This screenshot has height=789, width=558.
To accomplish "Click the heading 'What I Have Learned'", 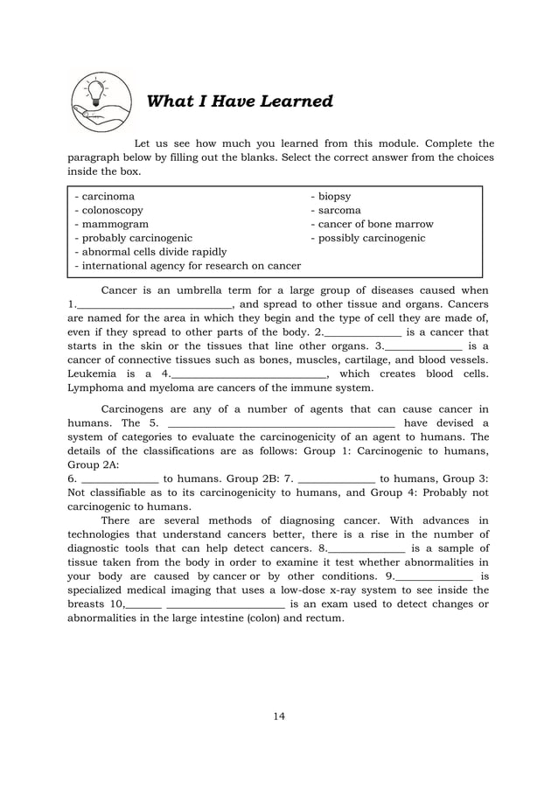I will pos(240,101).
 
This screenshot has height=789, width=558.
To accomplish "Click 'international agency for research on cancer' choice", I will pos(188,265).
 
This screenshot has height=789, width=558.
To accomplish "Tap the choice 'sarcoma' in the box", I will pos(336,211).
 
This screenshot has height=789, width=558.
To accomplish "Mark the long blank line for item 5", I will pos(281,426).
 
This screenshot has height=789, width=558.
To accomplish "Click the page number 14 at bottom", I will pos(279,717).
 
